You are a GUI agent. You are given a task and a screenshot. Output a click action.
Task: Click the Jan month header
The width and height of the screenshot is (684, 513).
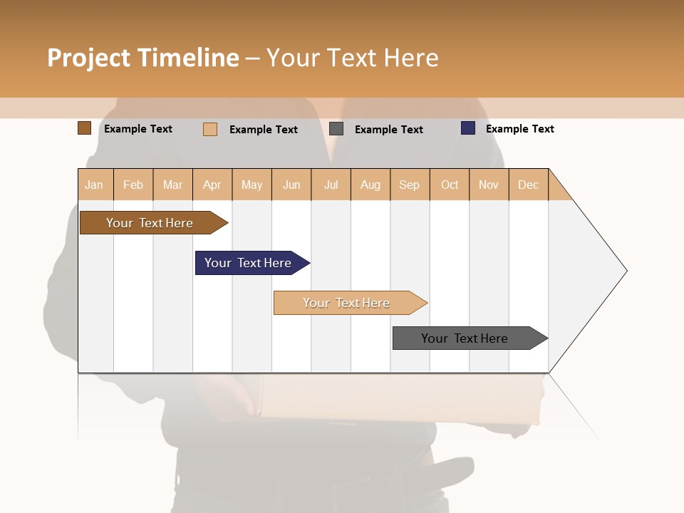coord(95,185)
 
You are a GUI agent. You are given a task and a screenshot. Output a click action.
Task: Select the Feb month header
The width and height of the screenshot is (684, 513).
coord(133,185)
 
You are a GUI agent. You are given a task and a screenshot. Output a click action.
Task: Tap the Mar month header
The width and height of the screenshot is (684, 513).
coord(172,185)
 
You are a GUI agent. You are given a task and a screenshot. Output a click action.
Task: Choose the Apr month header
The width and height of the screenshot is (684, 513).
coord(212,185)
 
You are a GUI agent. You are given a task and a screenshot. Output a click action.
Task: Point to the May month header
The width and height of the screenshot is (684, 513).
coord(252,185)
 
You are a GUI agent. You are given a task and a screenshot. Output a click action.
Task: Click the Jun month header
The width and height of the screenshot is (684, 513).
coord(291,185)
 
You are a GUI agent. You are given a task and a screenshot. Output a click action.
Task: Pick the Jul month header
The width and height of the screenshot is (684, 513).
coord(331,185)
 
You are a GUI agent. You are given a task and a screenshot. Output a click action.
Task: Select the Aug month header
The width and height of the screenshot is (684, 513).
coord(370,185)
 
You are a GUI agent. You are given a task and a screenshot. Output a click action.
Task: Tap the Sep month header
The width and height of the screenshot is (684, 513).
coord(410,185)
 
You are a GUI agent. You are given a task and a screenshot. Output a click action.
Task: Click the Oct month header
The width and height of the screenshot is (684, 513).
coord(450,185)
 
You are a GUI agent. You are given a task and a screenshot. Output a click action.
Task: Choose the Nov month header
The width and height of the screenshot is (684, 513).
coord(489,185)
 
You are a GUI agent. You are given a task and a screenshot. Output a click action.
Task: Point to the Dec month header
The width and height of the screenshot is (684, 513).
coord(529,185)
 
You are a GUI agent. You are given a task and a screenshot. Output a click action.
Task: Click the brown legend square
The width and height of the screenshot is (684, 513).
coord(84,128)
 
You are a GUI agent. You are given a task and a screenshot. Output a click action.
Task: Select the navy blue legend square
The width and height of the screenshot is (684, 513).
coord(468,128)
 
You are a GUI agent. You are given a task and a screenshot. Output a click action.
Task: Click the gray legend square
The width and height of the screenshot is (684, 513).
coord(336,129)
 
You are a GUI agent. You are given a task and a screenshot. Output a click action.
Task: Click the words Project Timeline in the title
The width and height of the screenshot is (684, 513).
coord(143,58)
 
